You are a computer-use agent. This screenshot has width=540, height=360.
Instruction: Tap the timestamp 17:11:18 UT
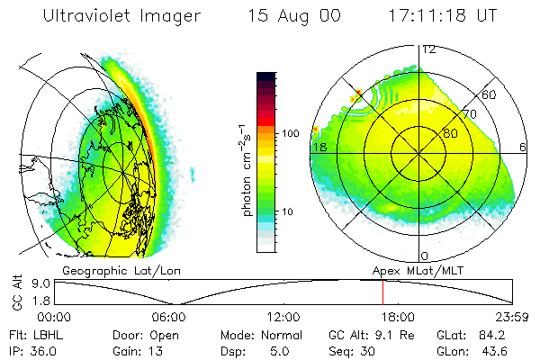(x=434, y=17)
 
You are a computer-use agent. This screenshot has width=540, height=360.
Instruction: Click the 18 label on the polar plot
(x=319, y=147)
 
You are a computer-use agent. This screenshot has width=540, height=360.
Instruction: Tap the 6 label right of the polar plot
(x=523, y=147)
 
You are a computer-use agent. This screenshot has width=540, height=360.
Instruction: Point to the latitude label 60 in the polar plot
(x=490, y=94)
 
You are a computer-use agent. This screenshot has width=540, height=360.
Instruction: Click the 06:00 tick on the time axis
(x=168, y=317)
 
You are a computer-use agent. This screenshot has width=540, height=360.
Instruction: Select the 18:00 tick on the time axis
(x=398, y=317)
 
